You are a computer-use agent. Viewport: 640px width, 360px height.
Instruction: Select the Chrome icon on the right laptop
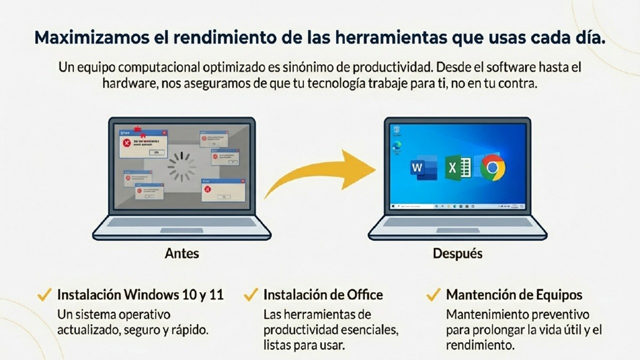click(492, 168)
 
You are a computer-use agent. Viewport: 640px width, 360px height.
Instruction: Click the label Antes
click(181, 253)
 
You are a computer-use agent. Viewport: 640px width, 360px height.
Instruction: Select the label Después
click(457, 253)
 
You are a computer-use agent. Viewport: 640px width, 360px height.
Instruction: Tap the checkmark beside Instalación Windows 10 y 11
click(45, 294)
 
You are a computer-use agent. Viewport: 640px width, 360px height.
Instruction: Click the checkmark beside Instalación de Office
click(250, 294)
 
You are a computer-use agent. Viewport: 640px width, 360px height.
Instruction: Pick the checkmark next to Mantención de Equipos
click(433, 294)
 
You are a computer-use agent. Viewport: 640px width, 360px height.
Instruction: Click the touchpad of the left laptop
click(181, 230)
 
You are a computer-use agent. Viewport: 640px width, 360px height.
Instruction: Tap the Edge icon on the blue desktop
click(397, 145)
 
